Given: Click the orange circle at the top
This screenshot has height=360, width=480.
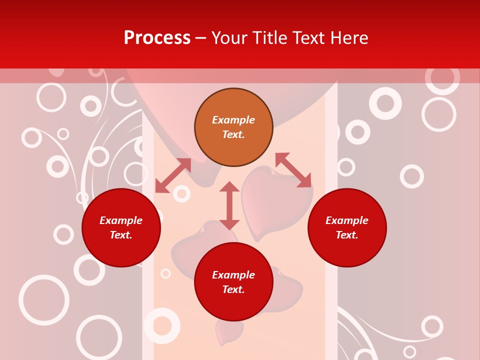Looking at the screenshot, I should click(233, 127).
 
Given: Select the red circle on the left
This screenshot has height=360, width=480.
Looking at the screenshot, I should click(121, 227).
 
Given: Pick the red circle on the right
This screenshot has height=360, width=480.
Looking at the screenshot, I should click(347, 227).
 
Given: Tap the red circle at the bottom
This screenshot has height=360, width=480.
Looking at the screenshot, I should click(233, 282).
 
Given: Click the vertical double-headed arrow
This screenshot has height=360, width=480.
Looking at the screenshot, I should click(229, 205).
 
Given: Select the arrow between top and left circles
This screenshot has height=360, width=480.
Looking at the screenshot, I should click(173, 175).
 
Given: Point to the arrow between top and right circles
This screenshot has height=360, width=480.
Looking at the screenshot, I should click(293, 170).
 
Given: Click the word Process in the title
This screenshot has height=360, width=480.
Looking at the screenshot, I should click(157, 38).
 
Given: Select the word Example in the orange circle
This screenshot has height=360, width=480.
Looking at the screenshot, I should click(233, 120).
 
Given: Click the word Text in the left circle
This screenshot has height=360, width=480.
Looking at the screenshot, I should click(121, 235).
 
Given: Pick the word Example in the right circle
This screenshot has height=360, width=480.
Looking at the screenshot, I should click(347, 220).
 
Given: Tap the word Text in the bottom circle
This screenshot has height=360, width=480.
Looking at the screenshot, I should click(233, 289).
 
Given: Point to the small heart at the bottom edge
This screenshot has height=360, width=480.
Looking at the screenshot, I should click(229, 331).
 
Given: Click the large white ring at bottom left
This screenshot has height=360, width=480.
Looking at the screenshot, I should click(44, 300).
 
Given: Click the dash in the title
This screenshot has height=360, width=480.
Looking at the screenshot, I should click(201, 38).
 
